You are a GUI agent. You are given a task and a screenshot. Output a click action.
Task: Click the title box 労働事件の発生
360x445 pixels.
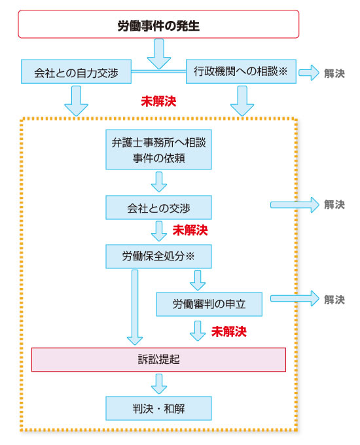(x=158, y=24)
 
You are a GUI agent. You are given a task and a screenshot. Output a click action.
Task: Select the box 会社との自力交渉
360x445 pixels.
(x=76, y=71)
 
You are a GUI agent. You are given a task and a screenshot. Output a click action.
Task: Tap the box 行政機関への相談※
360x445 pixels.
(x=241, y=71)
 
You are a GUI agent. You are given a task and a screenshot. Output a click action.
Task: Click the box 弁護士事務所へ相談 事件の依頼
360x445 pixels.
(x=158, y=150)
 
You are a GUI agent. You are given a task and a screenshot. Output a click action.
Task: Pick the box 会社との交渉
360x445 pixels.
(x=158, y=207)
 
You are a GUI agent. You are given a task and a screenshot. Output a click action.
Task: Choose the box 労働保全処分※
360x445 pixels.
(x=158, y=257)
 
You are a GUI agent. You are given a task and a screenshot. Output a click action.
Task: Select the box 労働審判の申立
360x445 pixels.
(x=209, y=304)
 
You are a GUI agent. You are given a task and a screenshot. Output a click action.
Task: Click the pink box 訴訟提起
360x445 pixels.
(x=158, y=359)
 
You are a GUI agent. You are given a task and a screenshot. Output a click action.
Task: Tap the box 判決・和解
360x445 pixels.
(x=158, y=408)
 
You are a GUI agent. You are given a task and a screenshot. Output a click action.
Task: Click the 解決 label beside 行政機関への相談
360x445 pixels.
(x=334, y=73)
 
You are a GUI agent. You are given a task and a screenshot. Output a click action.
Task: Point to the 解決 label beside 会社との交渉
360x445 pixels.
(x=334, y=205)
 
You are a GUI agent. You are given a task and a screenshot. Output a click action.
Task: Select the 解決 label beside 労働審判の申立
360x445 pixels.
(x=334, y=300)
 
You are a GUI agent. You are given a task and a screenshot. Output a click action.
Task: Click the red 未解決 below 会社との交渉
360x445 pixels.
(x=190, y=230)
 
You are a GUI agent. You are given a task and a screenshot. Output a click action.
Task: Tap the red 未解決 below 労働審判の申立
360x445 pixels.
(x=229, y=332)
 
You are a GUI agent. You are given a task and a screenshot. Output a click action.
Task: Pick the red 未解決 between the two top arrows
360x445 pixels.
(x=158, y=101)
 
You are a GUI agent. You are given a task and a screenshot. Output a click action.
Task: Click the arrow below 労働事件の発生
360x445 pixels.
(x=159, y=54)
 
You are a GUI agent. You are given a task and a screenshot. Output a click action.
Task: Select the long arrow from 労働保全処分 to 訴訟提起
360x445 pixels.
(x=135, y=308)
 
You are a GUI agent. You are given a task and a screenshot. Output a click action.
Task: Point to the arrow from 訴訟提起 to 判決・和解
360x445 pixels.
(x=159, y=384)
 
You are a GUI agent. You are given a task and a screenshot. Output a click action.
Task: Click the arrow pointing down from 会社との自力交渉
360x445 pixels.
(x=76, y=101)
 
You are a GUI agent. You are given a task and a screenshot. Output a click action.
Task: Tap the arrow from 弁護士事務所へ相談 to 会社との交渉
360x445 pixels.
(x=159, y=182)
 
